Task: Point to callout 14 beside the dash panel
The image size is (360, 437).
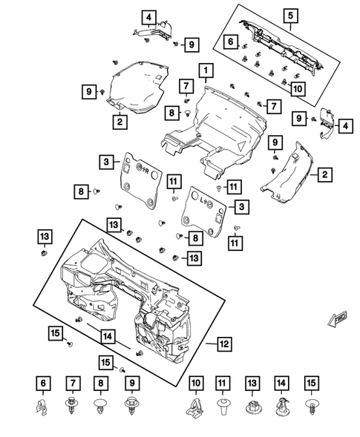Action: pos(108,336)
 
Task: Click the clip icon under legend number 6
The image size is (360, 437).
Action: pos(43,407)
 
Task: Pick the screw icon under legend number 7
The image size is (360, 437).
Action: pos(73,407)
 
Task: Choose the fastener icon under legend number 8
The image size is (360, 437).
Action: pos(102,407)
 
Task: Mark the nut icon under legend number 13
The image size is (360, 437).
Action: pos(252,407)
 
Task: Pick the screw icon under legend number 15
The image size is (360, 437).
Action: pos(311,407)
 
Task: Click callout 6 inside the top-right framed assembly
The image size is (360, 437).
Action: pos(232,41)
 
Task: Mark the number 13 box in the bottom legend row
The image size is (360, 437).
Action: pos(252,383)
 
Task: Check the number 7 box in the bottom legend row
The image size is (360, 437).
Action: pos(73,383)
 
